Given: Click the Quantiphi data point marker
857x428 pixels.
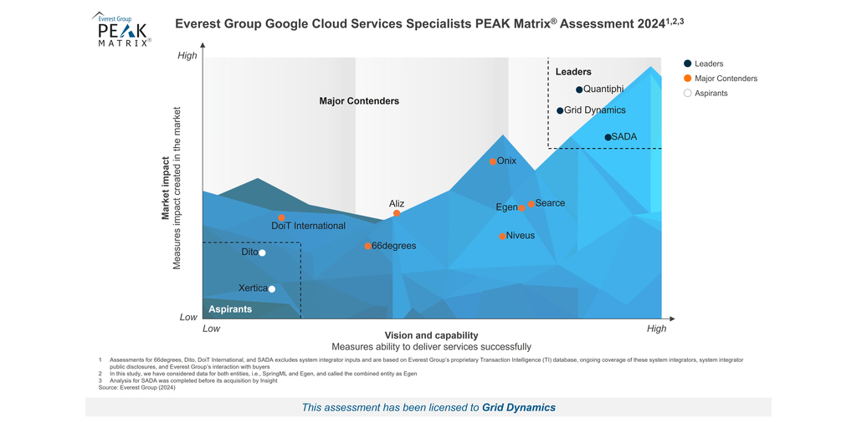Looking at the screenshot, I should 579,89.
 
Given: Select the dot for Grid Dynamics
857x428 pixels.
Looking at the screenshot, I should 560,110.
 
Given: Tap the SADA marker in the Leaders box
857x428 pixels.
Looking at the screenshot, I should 608,137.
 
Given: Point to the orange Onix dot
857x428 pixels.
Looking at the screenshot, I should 493,161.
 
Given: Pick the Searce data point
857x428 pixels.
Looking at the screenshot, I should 531,204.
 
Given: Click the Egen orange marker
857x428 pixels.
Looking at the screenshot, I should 521,208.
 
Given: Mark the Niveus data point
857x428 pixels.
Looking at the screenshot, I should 502,237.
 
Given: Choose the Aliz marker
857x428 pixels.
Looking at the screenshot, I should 397,213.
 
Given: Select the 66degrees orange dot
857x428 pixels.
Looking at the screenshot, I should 367,246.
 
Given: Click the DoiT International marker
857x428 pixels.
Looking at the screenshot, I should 281,217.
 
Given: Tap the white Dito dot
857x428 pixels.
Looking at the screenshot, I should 262,252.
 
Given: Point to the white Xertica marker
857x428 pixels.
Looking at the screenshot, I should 271,289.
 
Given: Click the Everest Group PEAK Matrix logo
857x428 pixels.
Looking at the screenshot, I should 121,30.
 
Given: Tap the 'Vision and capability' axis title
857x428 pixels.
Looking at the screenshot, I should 431,335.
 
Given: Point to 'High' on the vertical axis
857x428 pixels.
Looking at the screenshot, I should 187,56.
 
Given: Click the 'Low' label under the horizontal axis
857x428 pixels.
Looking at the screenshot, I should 212,329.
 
